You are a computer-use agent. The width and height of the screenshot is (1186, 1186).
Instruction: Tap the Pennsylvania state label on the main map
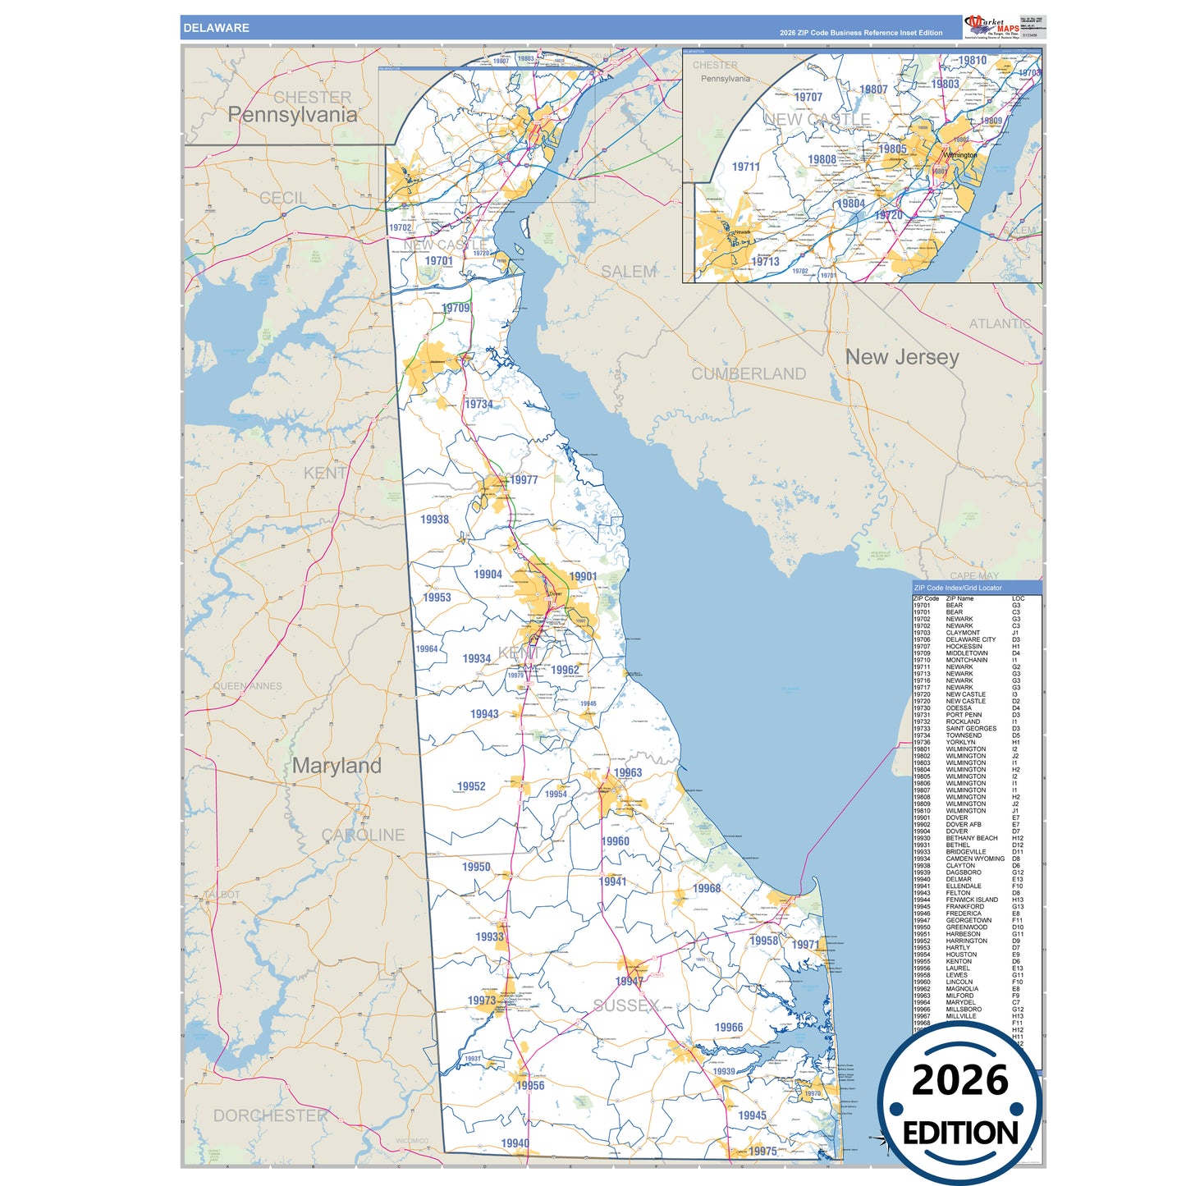(x=292, y=115)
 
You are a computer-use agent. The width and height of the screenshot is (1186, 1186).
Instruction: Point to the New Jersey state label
(x=902, y=357)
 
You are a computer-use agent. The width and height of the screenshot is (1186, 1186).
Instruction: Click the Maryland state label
(x=337, y=766)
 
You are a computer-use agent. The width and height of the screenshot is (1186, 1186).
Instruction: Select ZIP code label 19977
(x=524, y=480)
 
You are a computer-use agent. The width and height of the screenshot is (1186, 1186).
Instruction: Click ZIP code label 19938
(x=434, y=520)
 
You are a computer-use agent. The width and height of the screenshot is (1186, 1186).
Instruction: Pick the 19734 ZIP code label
(x=479, y=404)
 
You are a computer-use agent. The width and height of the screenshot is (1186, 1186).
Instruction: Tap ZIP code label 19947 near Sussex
(x=629, y=982)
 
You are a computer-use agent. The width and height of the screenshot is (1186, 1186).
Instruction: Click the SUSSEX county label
(x=625, y=1005)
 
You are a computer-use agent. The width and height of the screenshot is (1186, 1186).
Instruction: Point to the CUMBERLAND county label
(x=748, y=374)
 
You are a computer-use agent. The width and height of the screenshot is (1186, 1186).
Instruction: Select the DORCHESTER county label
(x=270, y=1115)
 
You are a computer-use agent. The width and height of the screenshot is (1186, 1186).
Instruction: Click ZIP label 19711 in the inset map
(x=745, y=167)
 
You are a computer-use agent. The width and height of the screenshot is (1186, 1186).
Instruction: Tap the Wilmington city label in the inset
(x=959, y=155)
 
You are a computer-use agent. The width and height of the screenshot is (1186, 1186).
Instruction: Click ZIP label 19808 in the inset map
(x=822, y=160)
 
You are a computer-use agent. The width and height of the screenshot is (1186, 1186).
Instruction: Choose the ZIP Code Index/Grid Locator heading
(x=957, y=588)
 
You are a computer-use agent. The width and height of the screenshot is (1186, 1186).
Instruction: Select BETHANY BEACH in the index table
(x=971, y=838)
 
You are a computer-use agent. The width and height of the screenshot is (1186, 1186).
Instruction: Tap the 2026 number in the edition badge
(x=959, y=1080)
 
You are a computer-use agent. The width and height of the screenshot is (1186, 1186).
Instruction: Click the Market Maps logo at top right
(x=992, y=26)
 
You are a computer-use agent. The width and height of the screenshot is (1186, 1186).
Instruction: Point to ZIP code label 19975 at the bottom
(x=762, y=1152)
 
